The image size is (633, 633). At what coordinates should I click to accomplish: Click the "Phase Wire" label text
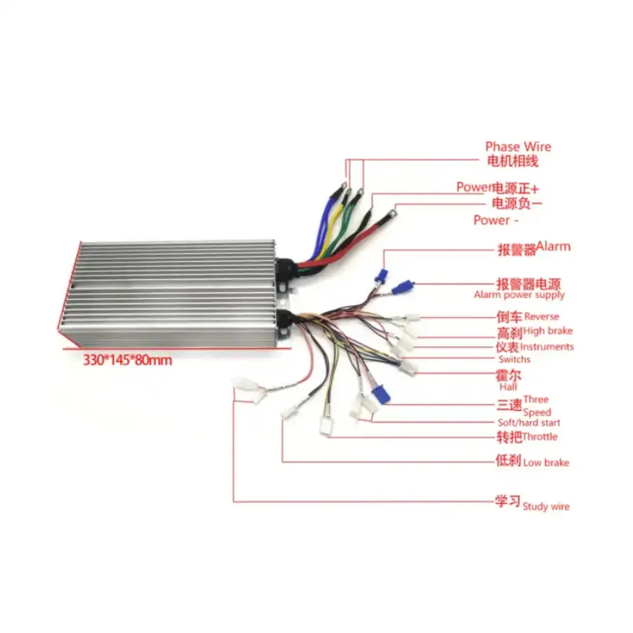(518, 146)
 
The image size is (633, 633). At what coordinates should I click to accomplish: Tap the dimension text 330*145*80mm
(127, 359)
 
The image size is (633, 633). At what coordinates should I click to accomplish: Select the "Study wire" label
(546, 506)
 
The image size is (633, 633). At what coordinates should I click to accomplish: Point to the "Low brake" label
(546, 463)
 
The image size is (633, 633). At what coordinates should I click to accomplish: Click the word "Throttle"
(539, 436)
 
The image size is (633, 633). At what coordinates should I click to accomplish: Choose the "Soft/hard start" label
(529, 423)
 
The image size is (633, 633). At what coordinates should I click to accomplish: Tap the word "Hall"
(508, 387)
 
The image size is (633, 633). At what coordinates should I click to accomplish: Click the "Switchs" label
(514, 359)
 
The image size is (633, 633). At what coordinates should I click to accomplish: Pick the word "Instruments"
(546, 347)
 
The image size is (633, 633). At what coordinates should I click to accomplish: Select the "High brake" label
(548, 331)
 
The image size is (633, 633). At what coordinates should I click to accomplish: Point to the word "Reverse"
(542, 316)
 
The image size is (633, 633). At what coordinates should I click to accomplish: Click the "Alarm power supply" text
(519, 295)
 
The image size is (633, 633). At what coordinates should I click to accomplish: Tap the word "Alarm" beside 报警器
(553, 246)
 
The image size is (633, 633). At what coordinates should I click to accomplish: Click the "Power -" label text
(496, 220)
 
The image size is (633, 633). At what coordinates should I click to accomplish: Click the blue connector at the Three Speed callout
(381, 394)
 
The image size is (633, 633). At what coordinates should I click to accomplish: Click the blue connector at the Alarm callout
(381, 274)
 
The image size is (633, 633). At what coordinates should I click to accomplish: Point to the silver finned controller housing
(170, 293)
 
